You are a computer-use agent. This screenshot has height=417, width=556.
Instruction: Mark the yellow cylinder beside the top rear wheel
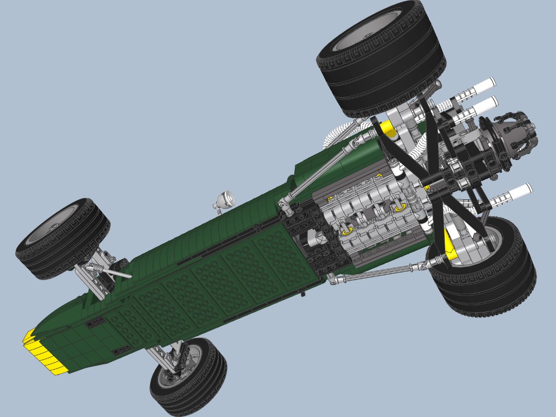tap(387, 128)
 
